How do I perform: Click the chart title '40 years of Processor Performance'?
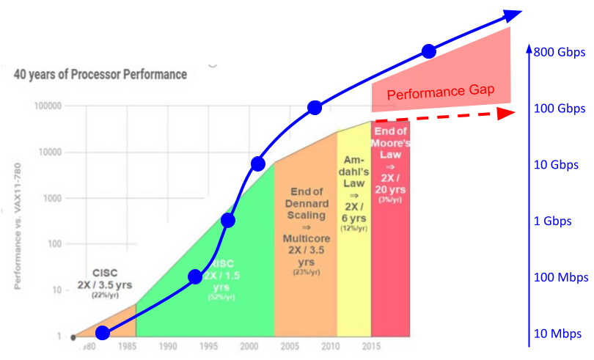pos(100,74)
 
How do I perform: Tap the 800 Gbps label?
pos(560,53)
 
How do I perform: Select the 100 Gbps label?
pos(560,109)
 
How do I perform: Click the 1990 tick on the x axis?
pos(168,346)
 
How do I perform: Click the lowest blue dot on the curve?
pos(103,333)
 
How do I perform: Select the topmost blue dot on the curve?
pos(429,51)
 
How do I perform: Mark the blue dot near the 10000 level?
pos(257,163)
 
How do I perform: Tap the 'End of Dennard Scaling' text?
pos(306,206)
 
